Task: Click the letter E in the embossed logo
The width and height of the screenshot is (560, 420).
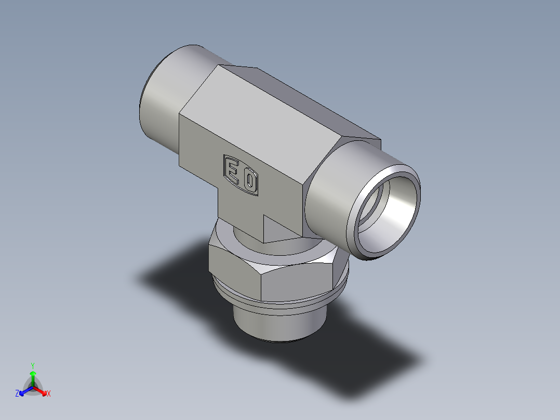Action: [232, 169]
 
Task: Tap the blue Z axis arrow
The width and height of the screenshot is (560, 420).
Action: [23, 391]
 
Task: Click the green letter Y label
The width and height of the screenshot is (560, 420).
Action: [33, 365]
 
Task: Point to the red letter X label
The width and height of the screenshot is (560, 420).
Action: [49, 394]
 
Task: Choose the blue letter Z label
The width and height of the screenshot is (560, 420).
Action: [17, 394]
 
